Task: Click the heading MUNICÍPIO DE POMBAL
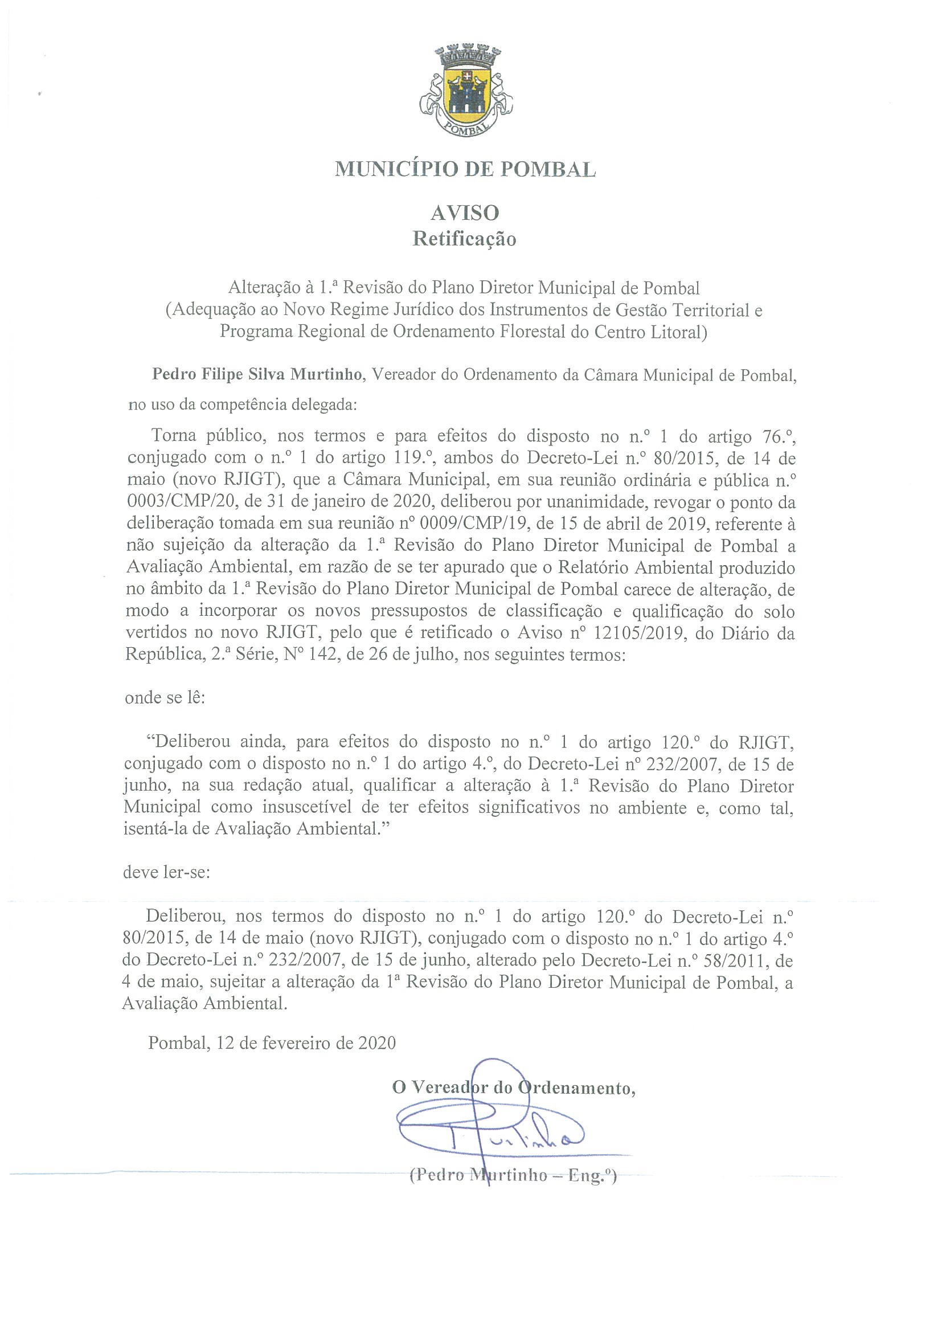pos(465,169)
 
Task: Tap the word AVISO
pos(464,213)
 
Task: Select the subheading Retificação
pos(464,239)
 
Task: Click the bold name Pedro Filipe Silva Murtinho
pos(258,374)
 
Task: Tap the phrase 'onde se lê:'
pos(165,697)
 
